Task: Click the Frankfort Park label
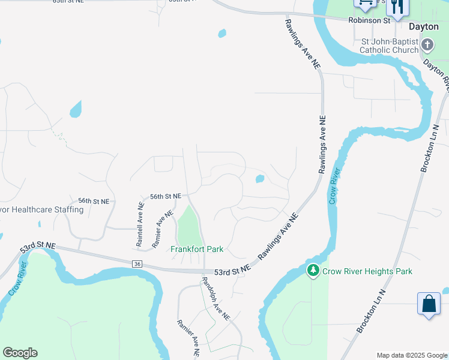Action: [x=197, y=249]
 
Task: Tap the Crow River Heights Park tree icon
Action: [x=313, y=271]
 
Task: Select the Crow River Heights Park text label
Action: [x=367, y=272]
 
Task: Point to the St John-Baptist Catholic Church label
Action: [x=389, y=46]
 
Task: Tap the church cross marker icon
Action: [x=427, y=45]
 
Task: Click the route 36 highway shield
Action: [x=137, y=263]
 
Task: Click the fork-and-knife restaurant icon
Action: [x=397, y=7]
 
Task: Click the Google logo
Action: [x=20, y=353]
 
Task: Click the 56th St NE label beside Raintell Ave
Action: [x=165, y=196]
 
